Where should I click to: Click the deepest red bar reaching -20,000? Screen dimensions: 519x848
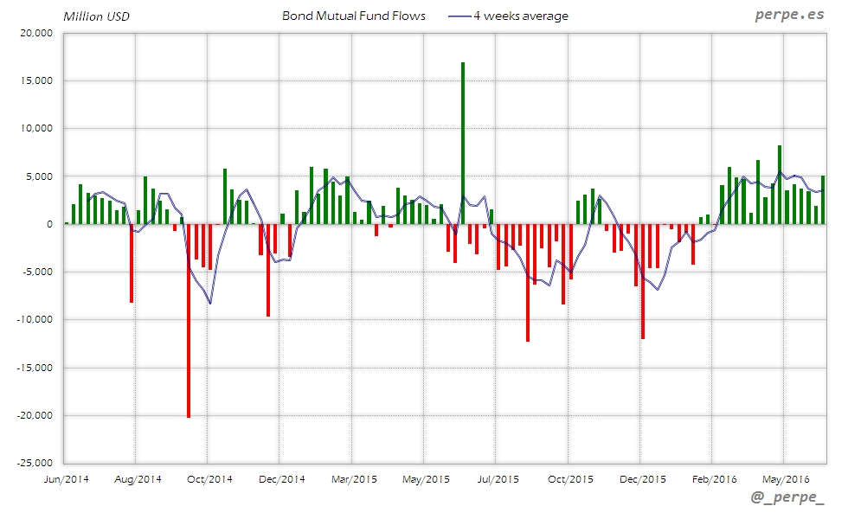[x=189, y=320]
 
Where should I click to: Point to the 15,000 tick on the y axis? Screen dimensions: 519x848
[x=37, y=81]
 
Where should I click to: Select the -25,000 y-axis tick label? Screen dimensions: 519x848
[x=35, y=463]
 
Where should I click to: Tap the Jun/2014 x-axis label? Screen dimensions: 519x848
[x=65, y=478]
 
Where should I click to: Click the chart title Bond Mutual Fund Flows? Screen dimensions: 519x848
[x=354, y=16]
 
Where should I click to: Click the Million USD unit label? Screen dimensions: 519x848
[x=96, y=16]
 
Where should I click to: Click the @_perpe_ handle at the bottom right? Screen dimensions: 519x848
[x=786, y=499]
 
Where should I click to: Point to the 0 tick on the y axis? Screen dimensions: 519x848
[x=49, y=224]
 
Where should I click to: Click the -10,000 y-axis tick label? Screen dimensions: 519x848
[x=35, y=320]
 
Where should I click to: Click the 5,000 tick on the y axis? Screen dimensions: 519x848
[x=40, y=176]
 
